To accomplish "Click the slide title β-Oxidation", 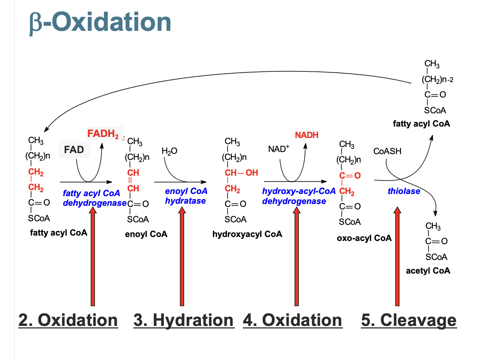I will [x=100, y=22].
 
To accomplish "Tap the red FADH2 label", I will [x=103, y=134].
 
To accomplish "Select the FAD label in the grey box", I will [x=74, y=150].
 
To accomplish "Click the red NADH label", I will [x=307, y=135].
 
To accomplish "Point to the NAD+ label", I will [x=278, y=149].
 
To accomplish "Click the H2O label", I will [x=169, y=151].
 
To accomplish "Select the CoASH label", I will [x=387, y=151].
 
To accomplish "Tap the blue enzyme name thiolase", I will [x=404, y=191].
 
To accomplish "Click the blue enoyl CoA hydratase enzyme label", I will [x=186, y=196].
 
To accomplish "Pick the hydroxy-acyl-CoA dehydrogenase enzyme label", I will [x=298, y=196].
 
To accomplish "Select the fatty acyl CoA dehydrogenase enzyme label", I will [x=94, y=198].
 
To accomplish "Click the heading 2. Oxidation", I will [x=68, y=320].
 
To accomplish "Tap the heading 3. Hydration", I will [x=183, y=320].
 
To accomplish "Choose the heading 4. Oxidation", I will [x=292, y=320].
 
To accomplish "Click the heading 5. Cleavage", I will [x=409, y=320].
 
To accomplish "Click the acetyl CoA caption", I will [x=428, y=271].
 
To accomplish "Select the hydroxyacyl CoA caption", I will [x=247, y=234].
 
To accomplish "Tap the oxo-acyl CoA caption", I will [x=364, y=238].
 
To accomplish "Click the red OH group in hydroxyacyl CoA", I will [x=252, y=173].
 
